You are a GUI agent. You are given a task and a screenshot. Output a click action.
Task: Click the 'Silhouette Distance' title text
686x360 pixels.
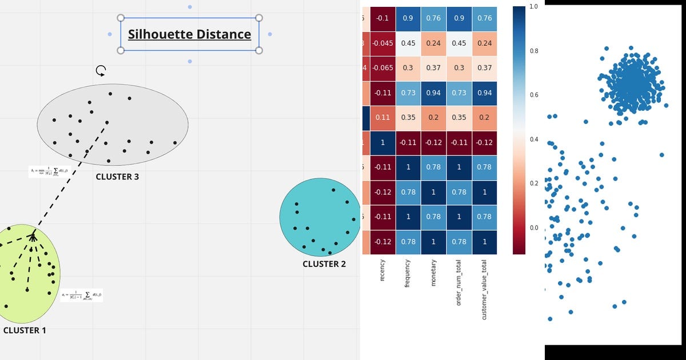coord(189,34)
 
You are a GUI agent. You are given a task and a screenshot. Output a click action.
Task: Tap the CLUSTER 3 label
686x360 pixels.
coord(117,177)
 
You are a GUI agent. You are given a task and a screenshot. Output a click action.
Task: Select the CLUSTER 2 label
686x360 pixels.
coord(324,264)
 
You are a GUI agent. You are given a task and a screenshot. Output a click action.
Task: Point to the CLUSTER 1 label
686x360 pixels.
coord(25,330)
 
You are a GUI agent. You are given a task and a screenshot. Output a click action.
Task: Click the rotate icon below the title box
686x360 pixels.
coord(101,71)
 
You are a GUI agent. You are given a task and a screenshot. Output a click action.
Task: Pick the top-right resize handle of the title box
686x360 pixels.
coord(259,18)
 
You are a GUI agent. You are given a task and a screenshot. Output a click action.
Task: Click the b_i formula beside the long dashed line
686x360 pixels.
coord(50,171)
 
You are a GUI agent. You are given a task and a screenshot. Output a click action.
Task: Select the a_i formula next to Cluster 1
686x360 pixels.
coord(82,295)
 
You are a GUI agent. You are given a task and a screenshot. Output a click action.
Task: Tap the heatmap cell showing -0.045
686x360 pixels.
coord(382,44)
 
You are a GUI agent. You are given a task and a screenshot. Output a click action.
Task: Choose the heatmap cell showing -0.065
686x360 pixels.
coord(382,68)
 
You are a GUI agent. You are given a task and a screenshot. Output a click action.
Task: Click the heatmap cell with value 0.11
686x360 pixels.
coord(382,118)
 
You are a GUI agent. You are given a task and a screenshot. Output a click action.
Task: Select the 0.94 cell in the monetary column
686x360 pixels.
coord(433,93)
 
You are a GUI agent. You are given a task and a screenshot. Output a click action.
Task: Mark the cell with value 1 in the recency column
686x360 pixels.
coord(382,142)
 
